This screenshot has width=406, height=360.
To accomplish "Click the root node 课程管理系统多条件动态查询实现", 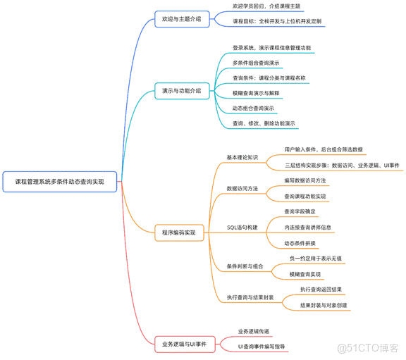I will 59,181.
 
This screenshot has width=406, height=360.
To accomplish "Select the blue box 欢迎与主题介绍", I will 181,19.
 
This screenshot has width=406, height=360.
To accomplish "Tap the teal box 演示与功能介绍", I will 181,90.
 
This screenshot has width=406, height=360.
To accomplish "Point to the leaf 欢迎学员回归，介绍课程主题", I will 266,6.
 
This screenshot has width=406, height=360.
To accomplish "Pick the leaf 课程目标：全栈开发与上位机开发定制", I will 277,22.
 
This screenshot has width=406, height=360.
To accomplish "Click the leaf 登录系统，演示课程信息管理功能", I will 271,48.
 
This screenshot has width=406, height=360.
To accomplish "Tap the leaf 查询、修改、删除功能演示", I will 264,123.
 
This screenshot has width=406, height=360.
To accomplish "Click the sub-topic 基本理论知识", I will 242,157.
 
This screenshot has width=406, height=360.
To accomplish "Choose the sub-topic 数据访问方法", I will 242,188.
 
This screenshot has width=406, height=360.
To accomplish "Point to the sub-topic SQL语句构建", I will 242,228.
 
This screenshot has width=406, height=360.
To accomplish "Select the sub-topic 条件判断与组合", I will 245,267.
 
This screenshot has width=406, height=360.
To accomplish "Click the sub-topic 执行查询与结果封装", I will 250,297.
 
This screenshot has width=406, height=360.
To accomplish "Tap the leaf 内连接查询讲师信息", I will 307,228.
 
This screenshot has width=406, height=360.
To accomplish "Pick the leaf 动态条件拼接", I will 300,243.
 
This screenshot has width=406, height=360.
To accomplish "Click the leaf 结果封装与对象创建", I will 324,305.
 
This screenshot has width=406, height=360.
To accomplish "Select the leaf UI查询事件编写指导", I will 266,347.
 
